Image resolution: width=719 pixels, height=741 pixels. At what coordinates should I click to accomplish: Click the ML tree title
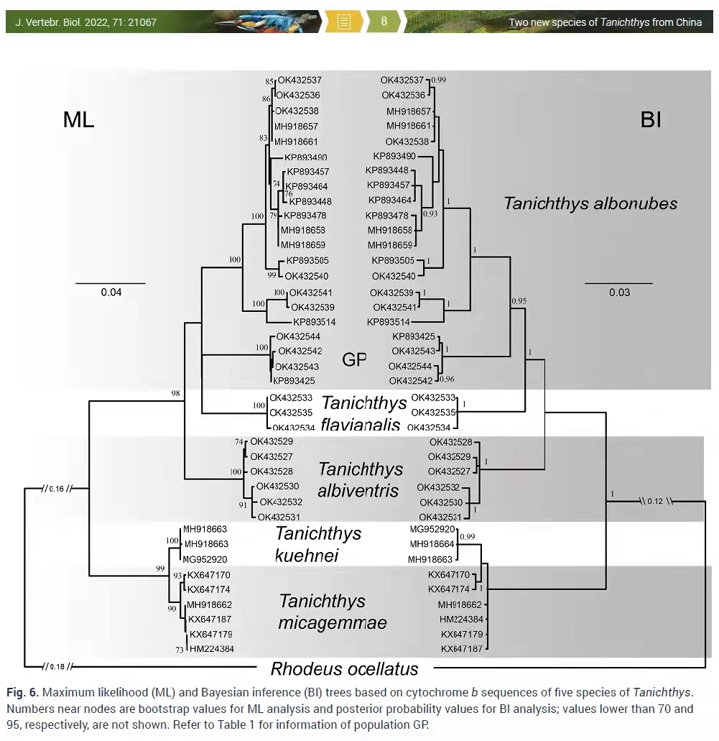click(x=78, y=119)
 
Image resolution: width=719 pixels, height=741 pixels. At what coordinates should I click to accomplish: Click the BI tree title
click(x=650, y=119)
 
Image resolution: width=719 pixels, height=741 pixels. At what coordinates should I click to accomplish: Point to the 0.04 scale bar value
click(x=111, y=292)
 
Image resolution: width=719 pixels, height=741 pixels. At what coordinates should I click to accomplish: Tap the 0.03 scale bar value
click(x=619, y=292)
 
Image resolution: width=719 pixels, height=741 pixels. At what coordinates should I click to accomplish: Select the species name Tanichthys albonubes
click(x=590, y=203)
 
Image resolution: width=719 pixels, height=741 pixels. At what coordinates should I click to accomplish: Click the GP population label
click(x=354, y=360)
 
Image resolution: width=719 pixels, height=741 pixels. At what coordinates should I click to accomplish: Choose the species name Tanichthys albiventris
click(x=361, y=479)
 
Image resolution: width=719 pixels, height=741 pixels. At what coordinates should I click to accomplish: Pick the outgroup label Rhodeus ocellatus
click(x=344, y=669)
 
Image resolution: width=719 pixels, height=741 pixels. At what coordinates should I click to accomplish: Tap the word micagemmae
click(x=333, y=622)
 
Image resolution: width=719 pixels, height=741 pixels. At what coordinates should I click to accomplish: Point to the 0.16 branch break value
click(x=57, y=489)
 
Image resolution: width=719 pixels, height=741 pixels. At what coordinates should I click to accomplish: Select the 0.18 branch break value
click(x=57, y=666)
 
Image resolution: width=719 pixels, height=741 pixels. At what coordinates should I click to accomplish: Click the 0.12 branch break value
click(x=654, y=501)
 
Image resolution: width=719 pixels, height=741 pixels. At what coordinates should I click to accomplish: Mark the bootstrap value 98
click(x=175, y=393)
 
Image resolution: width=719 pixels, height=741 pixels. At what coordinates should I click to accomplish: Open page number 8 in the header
click(x=384, y=22)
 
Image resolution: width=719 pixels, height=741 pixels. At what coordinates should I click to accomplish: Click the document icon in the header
click(x=343, y=22)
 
